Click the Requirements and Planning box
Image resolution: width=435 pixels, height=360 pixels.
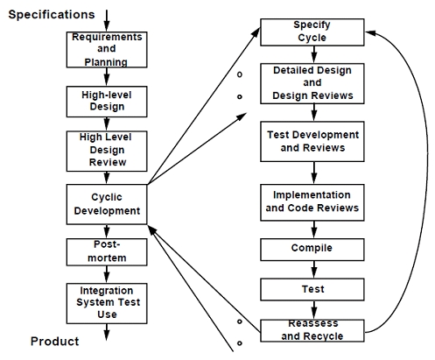(x=107, y=50)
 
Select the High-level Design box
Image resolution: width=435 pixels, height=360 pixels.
(x=107, y=102)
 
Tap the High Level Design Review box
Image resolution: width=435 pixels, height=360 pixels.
(x=107, y=151)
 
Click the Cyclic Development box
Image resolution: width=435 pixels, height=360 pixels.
(x=107, y=204)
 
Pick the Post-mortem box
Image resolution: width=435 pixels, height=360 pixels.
(x=107, y=252)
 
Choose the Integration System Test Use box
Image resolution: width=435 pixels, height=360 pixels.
(x=107, y=303)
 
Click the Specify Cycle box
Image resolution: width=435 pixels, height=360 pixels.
(x=312, y=32)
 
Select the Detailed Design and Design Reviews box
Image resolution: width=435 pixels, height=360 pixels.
(x=312, y=83)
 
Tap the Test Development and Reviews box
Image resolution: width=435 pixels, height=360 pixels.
(x=312, y=142)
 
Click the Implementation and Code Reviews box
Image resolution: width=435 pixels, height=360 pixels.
(x=312, y=202)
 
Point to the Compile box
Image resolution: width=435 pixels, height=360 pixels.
(x=312, y=250)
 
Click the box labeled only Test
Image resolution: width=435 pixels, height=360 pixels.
(x=312, y=289)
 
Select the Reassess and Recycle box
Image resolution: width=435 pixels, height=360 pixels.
(x=312, y=330)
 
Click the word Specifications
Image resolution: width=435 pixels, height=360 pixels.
(x=52, y=15)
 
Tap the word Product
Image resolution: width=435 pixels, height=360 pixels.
(x=55, y=342)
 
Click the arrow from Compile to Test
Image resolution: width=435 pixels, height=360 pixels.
(x=314, y=270)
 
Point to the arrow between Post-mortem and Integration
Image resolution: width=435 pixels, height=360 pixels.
(x=107, y=274)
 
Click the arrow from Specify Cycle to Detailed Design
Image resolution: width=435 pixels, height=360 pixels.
(x=314, y=54)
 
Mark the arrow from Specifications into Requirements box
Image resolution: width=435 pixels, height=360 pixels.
(x=107, y=21)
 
